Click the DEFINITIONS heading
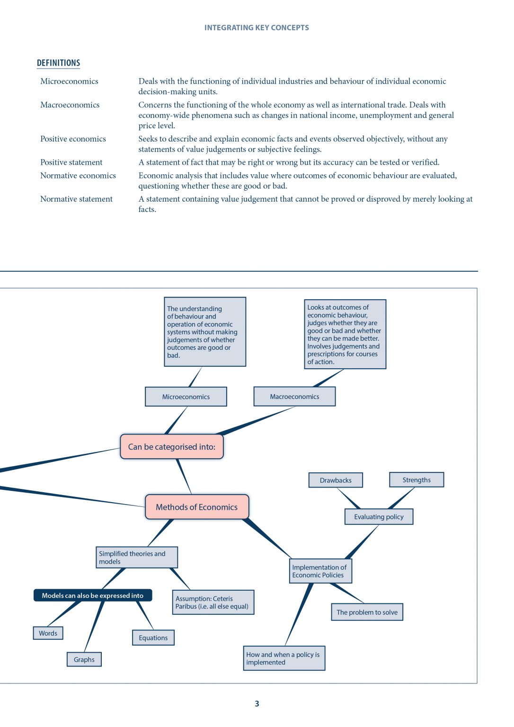58,63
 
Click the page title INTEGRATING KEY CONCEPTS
257,28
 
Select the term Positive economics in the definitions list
73,139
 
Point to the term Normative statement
76,199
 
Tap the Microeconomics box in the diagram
186,397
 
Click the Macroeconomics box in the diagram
294,397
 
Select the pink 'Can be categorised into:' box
172,447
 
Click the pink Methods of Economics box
197,507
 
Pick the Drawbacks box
336,480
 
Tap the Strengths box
417,479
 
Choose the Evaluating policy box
379,517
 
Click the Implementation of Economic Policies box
320,571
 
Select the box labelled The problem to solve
367,612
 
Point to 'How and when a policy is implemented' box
284,658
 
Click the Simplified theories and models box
137,558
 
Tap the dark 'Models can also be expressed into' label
93,595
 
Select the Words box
48,633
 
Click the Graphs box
84,659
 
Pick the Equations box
153,638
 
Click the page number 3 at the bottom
257,704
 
